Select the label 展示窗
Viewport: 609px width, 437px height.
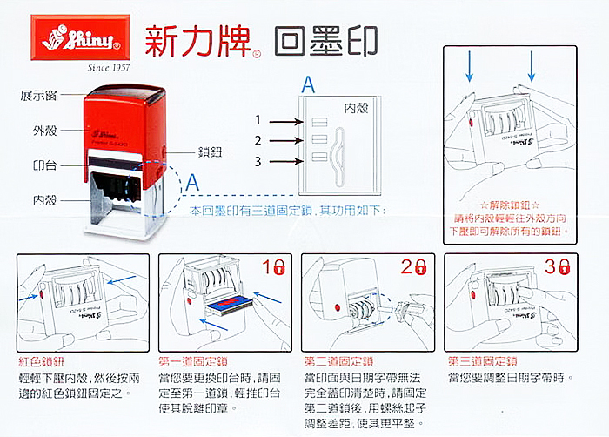coord(38,94)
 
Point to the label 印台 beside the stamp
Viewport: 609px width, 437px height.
coord(45,163)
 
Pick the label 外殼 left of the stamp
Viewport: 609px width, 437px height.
coord(45,130)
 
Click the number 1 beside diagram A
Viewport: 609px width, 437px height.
coord(258,118)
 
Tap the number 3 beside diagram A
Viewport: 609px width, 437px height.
coord(258,160)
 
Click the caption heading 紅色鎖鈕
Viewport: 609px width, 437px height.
coord(42,360)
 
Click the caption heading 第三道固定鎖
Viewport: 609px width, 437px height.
coord(482,360)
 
